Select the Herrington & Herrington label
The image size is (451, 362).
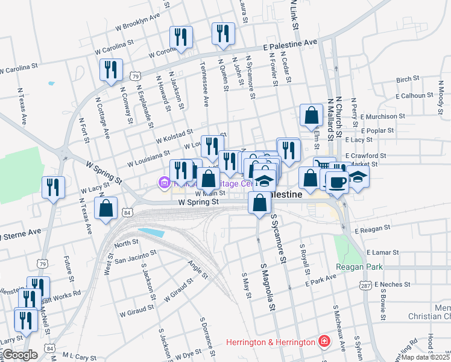[271, 342]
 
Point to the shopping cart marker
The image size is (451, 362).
[324, 167]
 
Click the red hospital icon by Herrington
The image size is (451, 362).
[324, 342]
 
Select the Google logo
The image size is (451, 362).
[19, 355]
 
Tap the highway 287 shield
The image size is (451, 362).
[364, 284]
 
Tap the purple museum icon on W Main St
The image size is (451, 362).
[164, 182]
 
